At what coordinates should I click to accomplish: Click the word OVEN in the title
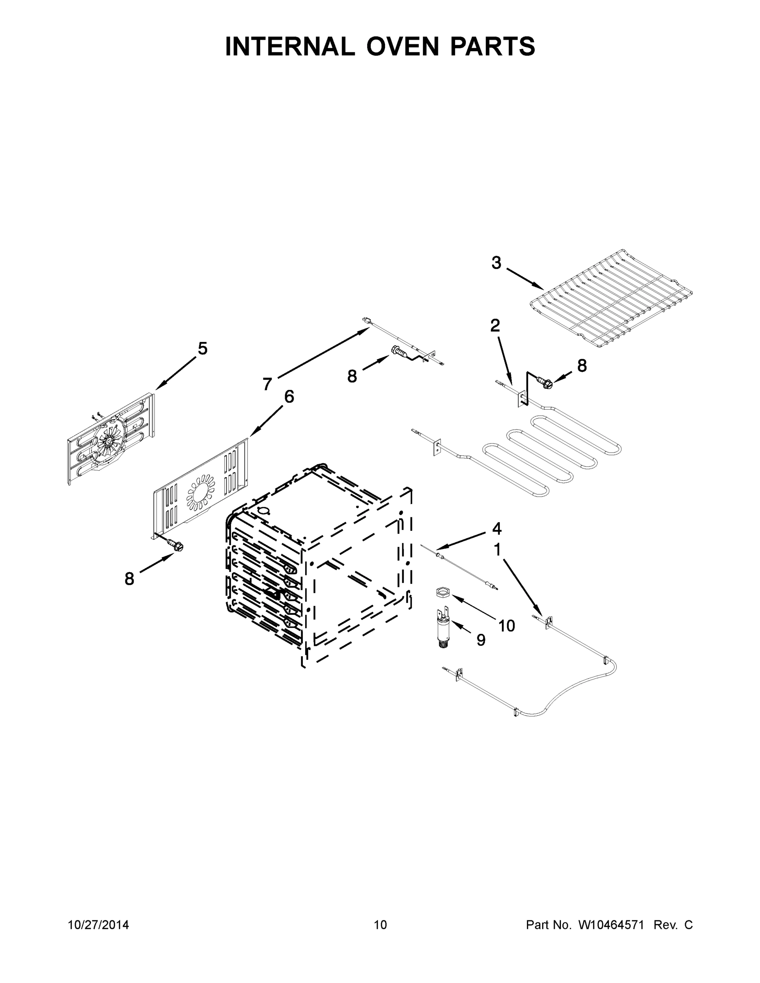(x=402, y=46)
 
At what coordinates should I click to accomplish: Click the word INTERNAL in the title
(x=290, y=46)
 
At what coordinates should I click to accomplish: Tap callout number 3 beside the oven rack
(x=496, y=263)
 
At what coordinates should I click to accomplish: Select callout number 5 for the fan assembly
(x=203, y=349)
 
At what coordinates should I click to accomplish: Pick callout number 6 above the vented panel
(x=289, y=396)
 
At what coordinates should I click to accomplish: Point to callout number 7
(x=268, y=384)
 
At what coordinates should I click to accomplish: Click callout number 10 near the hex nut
(x=506, y=625)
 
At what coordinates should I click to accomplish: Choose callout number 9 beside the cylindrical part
(x=481, y=640)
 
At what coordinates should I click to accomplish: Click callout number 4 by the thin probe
(x=497, y=528)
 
